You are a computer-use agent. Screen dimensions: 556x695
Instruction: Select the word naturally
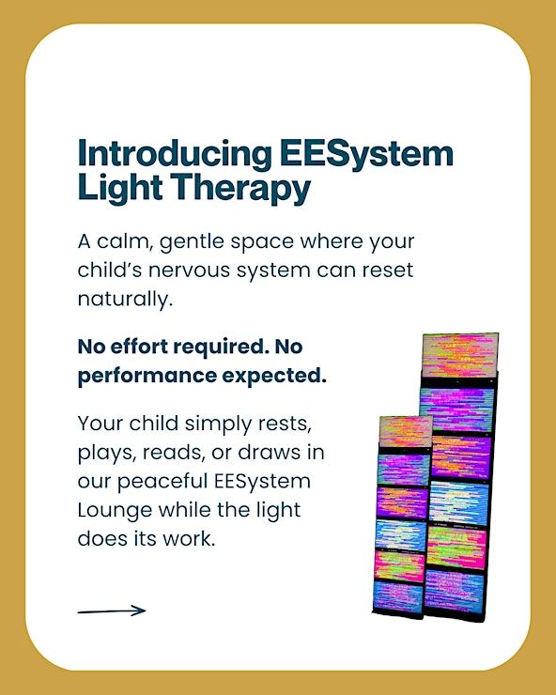[x=125, y=300]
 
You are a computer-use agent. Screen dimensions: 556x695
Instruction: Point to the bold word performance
[x=147, y=377]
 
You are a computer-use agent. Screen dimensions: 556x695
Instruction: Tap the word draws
[x=263, y=453]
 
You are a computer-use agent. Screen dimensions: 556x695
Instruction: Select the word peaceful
[x=162, y=482]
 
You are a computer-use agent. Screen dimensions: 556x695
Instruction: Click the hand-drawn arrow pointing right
[x=112, y=610]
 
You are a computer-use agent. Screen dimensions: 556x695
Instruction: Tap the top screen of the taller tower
[x=460, y=355]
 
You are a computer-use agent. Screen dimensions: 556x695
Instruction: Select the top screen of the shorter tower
[x=405, y=432]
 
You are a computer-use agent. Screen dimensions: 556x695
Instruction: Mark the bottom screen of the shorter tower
[x=398, y=597]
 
